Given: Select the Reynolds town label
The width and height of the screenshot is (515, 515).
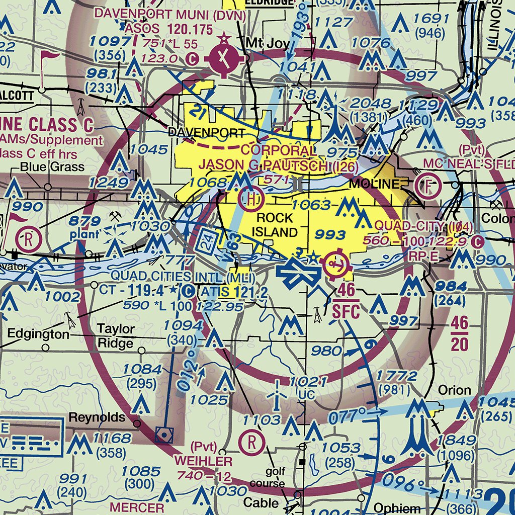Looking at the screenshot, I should tap(97, 417).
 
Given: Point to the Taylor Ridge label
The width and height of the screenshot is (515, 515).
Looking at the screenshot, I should tap(116, 336).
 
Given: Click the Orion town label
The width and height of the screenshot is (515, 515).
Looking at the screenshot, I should tap(455, 390).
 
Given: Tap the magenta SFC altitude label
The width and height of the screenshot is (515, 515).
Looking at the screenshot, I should tap(346, 312).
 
